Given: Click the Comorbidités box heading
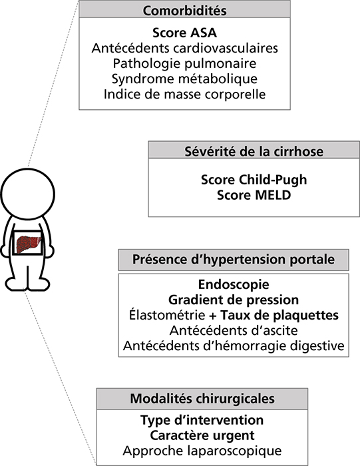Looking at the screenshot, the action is pyautogui.click(x=184, y=11).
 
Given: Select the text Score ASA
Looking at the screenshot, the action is pyautogui.click(x=184, y=33).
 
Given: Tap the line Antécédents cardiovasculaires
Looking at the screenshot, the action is pyautogui.click(x=184, y=48).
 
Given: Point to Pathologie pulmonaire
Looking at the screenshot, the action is pyautogui.click(x=184, y=64).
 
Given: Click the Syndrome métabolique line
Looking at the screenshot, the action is pyautogui.click(x=184, y=79).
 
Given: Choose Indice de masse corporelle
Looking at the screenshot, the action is pyautogui.click(x=184, y=95).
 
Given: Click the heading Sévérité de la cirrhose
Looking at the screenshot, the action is pyautogui.click(x=254, y=152).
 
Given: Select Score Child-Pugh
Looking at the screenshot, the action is pyautogui.click(x=254, y=180).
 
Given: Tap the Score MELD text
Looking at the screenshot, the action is pyautogui.click(x=254, y=195).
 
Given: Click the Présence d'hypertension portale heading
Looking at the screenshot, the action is pyautogui.click(x=234, y=260).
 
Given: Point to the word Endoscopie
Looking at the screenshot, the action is pyautogui.click(x=234, y=285).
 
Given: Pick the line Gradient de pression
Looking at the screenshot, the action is pyautogui.click(x=234, y=300).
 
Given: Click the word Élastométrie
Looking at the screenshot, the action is pyautogui.click(x=167, y=315).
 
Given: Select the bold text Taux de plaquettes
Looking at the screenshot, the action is pyautogui.click(x=279, y=316).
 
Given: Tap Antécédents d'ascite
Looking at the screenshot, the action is pyautogui.click(x=234, y=330).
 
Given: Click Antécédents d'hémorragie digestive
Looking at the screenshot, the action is pyautogui.click(x=234, y=346).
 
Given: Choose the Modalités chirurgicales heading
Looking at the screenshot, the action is pyautogui.click(x=202, y=399).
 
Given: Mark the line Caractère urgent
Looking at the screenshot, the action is pyautogui.click(x=202, y=435).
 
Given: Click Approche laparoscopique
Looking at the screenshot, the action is pyautogui.click(x=202, y=451).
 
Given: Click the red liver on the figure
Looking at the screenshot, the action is pyautogui.click(x=27, y=244).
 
